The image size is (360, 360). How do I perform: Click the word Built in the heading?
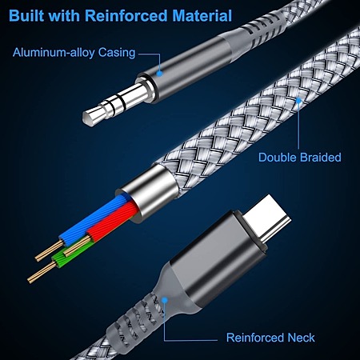coord(26,15)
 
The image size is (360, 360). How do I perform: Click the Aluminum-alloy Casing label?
coord(74,53)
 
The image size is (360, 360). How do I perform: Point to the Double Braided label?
coord(300,158)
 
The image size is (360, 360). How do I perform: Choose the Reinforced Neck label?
coord(270,338)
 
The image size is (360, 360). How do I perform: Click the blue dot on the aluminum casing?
coord(159,73)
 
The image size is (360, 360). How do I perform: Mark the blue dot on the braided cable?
coord(298,101)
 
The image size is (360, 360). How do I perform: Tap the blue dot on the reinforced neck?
coord(165,301)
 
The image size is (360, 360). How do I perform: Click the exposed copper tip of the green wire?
coord(42,272)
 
